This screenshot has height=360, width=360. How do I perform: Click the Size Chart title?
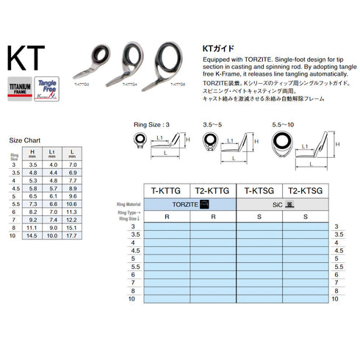(24, 140)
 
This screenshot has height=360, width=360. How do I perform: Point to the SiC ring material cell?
(278, 203)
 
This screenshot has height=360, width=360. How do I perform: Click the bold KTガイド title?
(221, 46)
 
